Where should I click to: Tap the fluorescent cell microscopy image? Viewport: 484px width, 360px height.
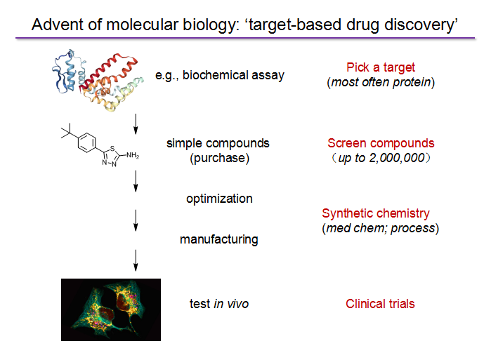pyautogui.click(x=111, y=309)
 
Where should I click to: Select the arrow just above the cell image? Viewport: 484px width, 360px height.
pyautogui.click(x=135, y=265)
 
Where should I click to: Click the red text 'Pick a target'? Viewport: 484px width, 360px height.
pyautogui.click(x=381, y=68)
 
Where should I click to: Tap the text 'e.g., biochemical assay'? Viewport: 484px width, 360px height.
pyautogui.click(x=219, y=75)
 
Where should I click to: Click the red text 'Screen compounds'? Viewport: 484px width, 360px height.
pyautogui.click(x=381, y=143)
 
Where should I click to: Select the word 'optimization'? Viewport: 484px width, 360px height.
pyautogui.click(x=219, y=199)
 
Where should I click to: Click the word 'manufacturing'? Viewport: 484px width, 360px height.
pyautogui.click(x=218, y=239)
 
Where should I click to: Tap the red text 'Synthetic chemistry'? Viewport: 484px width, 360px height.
pyautogui.click(x=376, y=213)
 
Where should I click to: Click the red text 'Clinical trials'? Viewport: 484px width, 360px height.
pyautogui.click(x=380, y=304)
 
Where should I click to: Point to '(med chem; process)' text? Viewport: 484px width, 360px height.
pyautogui.click(x=380, y=228)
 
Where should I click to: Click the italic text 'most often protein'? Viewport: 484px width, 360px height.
pyautogui.click(x=382, y=82)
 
